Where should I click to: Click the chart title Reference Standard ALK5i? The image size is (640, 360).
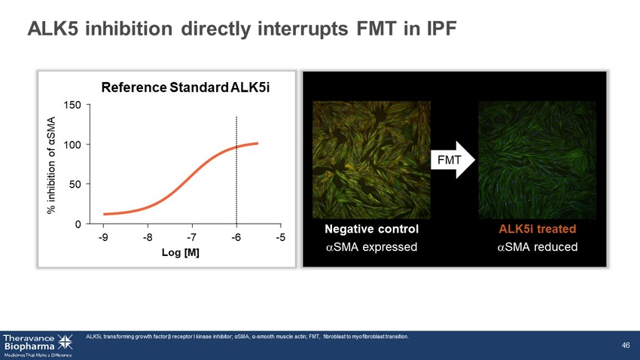[185, 87]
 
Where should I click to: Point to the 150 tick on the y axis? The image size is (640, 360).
[72, 105]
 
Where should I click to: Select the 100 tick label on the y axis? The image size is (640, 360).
[72, 145]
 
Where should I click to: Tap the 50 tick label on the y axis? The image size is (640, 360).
[75, 184]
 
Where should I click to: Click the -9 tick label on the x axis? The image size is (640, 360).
[103, 237]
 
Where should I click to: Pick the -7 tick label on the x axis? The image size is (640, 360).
[192, 237]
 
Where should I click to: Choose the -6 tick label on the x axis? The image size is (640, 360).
[236, 237]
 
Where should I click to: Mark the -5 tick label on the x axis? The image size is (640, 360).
[280, 237]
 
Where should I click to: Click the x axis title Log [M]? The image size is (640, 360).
[181, 252]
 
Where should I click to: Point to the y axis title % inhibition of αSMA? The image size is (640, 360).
[51, 165]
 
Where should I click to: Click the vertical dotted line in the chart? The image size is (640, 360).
[236, 170]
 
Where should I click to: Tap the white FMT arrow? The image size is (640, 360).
[453, 160]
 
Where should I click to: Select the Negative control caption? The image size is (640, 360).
[371, 229]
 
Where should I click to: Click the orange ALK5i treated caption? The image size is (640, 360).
[537, 229]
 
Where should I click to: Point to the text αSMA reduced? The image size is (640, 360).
[537, 247]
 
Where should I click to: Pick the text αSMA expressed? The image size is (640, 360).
[371, 247]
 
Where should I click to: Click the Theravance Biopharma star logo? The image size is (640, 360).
[65, 342]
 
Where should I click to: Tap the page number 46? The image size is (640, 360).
[626, 345]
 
